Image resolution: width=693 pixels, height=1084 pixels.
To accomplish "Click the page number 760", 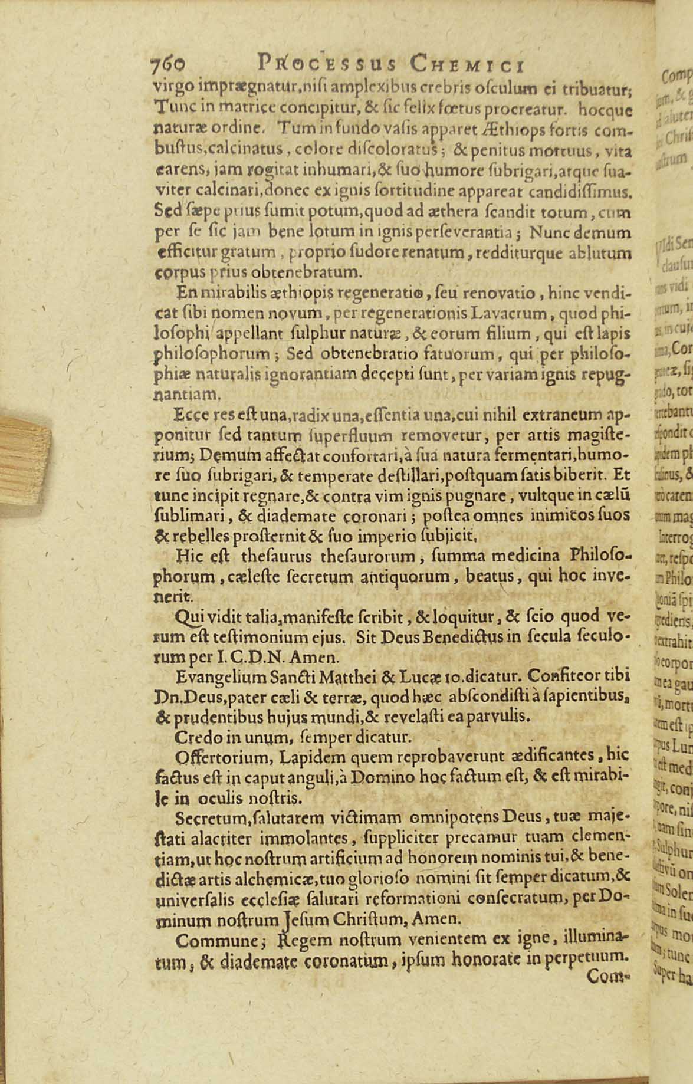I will pyautogui.click(x=168, y=63).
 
